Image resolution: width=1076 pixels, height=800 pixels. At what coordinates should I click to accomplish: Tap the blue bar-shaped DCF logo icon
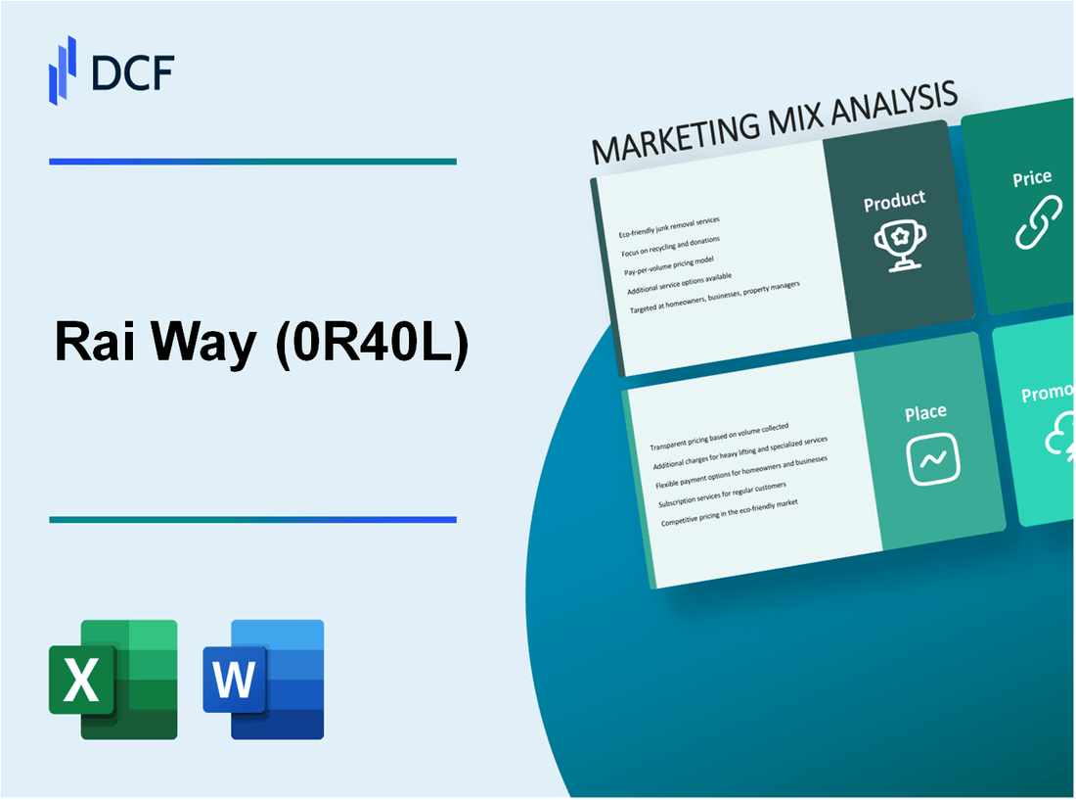tap(63, 70)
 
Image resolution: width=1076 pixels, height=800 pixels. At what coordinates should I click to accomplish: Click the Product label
tap(894, 201)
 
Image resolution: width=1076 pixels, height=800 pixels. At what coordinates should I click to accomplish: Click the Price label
tap(1032, 178)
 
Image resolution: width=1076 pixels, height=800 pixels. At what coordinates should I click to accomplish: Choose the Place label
tap(924, 412)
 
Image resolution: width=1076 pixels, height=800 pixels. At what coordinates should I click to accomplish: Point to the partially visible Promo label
tap(1048, 394)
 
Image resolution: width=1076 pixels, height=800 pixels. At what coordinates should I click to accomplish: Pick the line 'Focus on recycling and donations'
tap(670, 244)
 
